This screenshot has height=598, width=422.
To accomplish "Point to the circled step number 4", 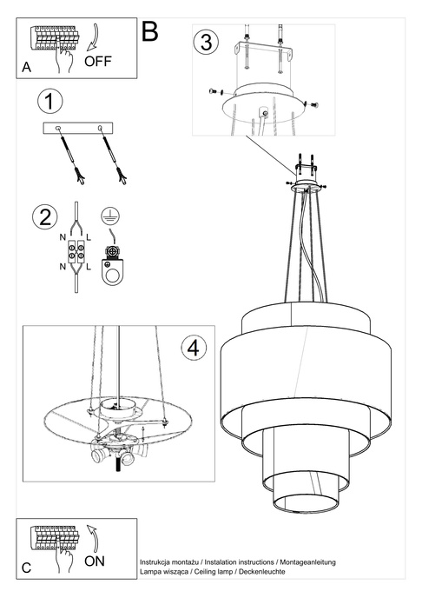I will tap(195, 348).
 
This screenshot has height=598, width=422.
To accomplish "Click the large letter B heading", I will tap(150, 33).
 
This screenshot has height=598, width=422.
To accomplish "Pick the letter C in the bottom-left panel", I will tap(25, 568).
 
